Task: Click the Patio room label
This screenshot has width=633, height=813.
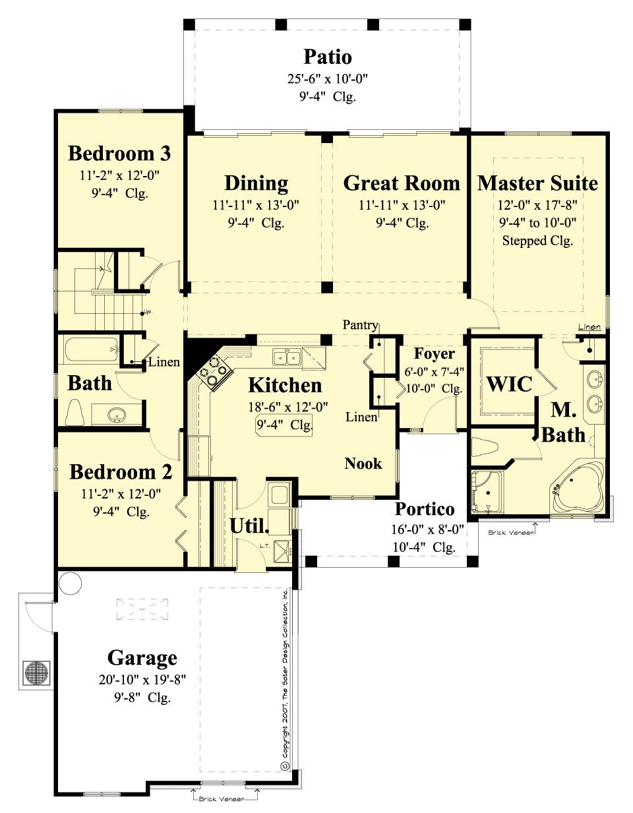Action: [327, 57]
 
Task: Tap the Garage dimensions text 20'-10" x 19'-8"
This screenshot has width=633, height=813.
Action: [143, 680]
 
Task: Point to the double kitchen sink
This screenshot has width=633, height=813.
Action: [287, 357]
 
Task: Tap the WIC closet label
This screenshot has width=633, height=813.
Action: [508, 384]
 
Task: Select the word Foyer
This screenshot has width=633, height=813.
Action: [434, 353]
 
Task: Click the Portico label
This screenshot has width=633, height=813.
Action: [424, 509]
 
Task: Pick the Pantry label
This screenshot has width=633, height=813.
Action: [360, 325]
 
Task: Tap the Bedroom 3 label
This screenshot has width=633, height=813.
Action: [119, 154]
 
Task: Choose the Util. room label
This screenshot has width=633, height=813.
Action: [249, 526]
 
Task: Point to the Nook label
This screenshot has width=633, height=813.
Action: [363, 464]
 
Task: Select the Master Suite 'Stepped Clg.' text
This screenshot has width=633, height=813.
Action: [537, 241]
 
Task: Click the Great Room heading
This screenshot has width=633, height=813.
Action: [401, 183]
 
